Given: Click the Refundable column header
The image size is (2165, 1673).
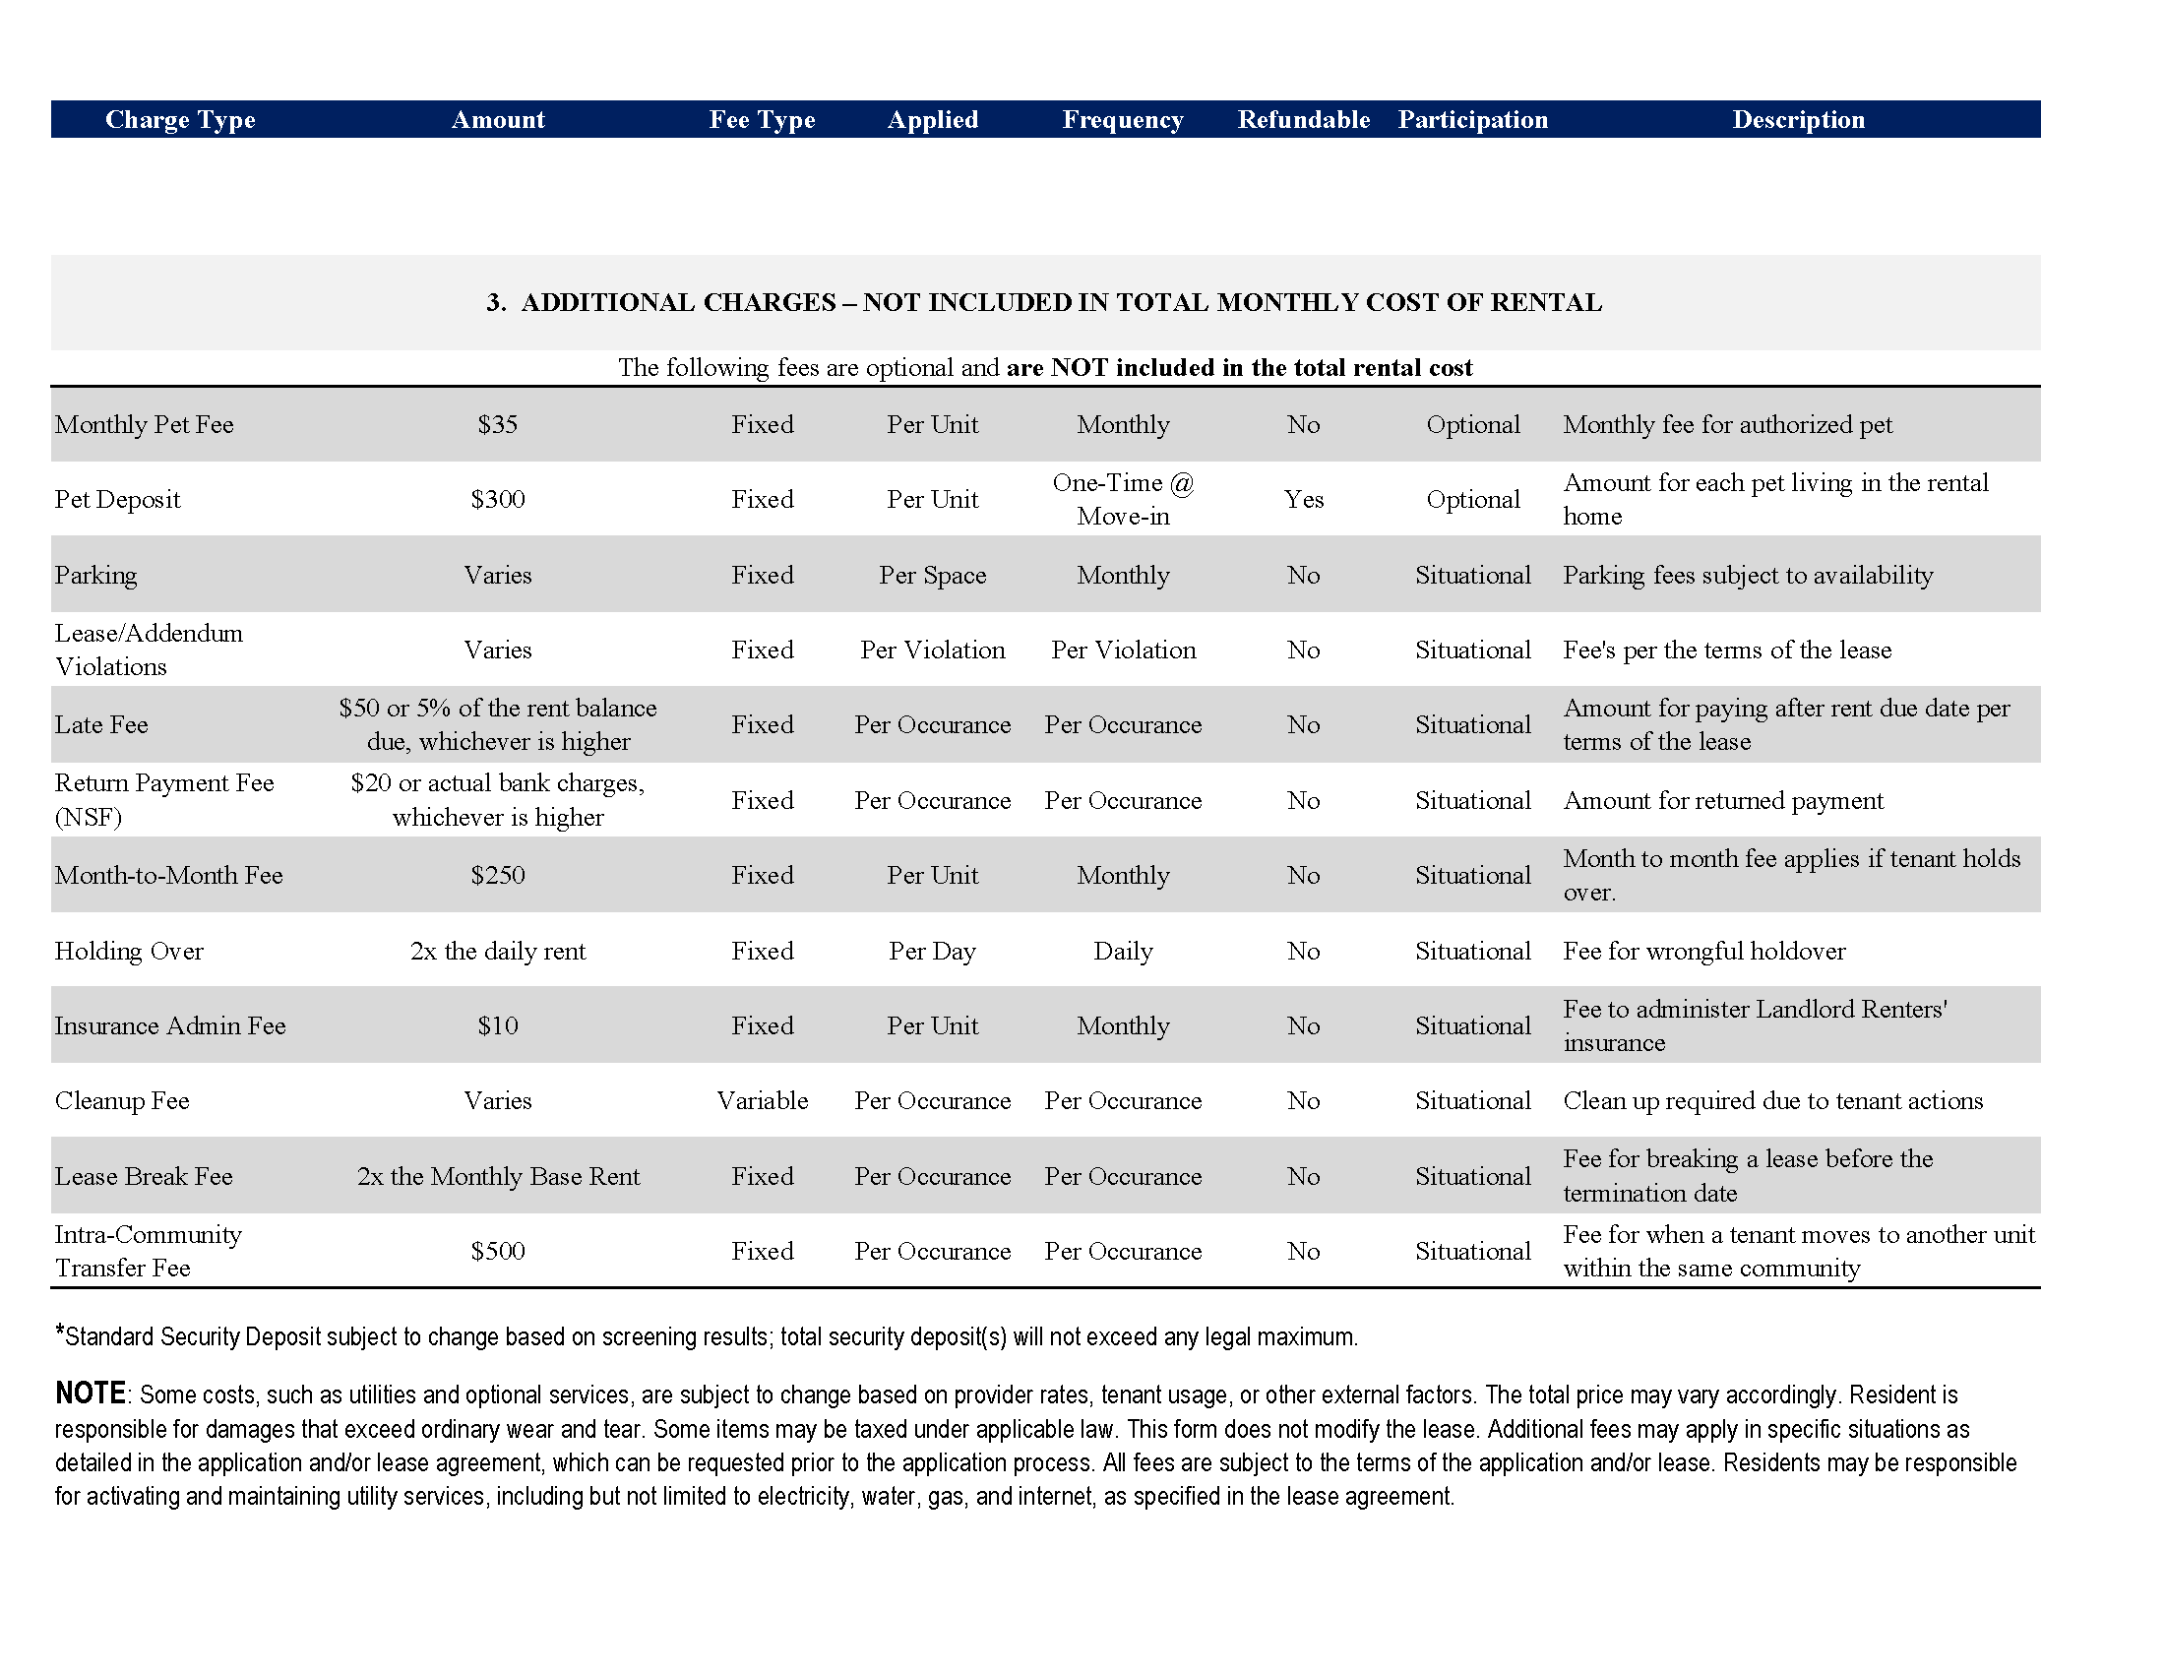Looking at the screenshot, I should [1303, 120].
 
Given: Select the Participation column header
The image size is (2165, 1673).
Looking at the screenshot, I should [1472, 120].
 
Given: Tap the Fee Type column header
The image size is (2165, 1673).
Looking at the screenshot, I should [762, 120].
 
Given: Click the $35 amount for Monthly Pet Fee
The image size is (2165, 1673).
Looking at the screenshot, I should [498, 424].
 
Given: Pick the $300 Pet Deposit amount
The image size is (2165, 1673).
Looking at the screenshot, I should [498, 500].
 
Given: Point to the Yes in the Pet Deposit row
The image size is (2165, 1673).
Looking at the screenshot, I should [1303, 500].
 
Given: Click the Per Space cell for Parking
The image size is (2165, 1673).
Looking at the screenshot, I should [932, 575].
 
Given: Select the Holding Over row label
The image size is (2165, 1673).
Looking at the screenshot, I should [129, 951].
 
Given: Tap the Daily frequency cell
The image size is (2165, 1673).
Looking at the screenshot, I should [1122, 951].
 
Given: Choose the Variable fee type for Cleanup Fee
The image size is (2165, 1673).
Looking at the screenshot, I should [762, 1100].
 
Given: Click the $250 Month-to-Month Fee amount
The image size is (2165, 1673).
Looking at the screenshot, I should [498, 875].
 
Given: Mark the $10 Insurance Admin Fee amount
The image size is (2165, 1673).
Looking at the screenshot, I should [498, 1025].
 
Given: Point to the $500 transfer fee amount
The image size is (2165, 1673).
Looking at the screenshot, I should [498, 1251].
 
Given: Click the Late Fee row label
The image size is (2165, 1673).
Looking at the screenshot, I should [101, 724].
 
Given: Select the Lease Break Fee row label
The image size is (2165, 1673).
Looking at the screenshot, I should [144, 1176].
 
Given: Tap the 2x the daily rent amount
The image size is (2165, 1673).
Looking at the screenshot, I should [498, 951].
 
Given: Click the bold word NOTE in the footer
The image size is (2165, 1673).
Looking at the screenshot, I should [91, 1393].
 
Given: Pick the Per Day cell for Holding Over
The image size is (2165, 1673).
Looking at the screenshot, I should [932, 951].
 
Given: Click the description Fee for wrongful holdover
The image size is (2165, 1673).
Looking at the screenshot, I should [1703, 951].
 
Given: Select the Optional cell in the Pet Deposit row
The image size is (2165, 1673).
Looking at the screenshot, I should [1472, 500].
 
